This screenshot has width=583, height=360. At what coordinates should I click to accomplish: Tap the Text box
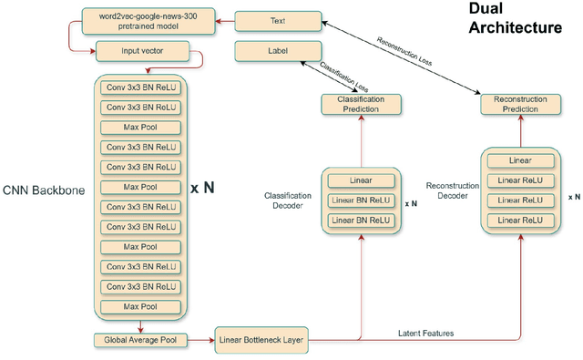(x=277, y=19)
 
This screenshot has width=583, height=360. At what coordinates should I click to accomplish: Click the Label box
(x=277, y=51)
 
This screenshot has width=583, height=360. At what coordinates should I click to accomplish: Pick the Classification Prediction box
(x=359, y=104)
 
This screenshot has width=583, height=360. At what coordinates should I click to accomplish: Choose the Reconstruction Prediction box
(x=520, y=104)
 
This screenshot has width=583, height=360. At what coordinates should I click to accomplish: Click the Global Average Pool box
(x=139, y=340)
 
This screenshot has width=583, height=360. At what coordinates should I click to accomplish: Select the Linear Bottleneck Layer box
(x=261, y=340)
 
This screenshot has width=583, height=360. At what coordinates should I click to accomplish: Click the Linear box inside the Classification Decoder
(x=359, y=180)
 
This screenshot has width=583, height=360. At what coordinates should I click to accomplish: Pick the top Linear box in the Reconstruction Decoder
(x=520, y=160)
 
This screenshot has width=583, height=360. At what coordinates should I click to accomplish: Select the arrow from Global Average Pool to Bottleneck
(x=200, y=340)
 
